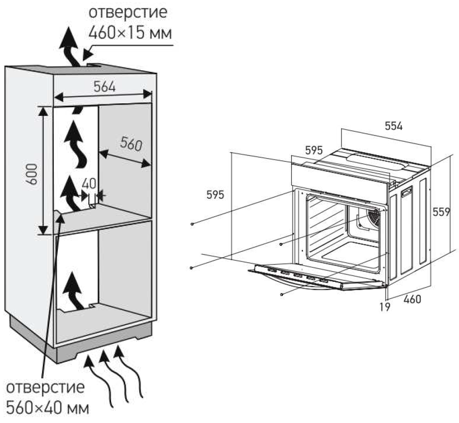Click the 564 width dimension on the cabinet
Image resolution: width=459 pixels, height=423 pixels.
[x=104, y=86]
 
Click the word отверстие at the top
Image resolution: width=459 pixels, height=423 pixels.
[x=128, y=12]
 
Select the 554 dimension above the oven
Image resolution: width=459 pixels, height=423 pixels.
[x=393, y=126]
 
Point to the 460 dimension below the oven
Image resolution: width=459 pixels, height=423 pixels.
[x=412, y=299]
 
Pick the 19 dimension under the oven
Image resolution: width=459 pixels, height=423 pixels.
[x=385, y=307]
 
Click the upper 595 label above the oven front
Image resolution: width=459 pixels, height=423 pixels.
[x=313, y=150]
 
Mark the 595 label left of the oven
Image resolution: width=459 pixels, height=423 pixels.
[x=215, y=195]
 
